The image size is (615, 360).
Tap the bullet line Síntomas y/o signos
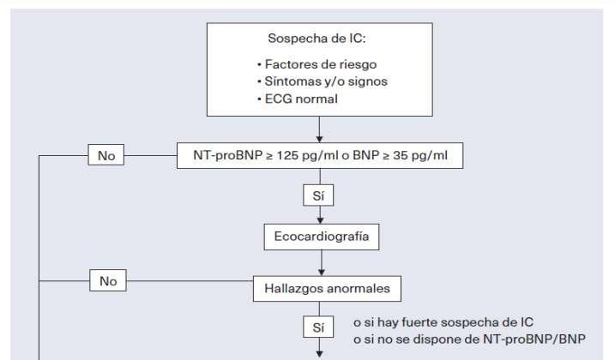point(317,81)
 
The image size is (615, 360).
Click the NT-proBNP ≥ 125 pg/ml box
point(319,156)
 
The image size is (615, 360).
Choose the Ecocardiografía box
point(322,237)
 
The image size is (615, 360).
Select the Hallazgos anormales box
point(321,288)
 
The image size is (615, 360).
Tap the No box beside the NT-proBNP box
point(106,156)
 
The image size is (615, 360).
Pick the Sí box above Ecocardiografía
point(319,195)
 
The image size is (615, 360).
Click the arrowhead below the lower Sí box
point(320,351)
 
